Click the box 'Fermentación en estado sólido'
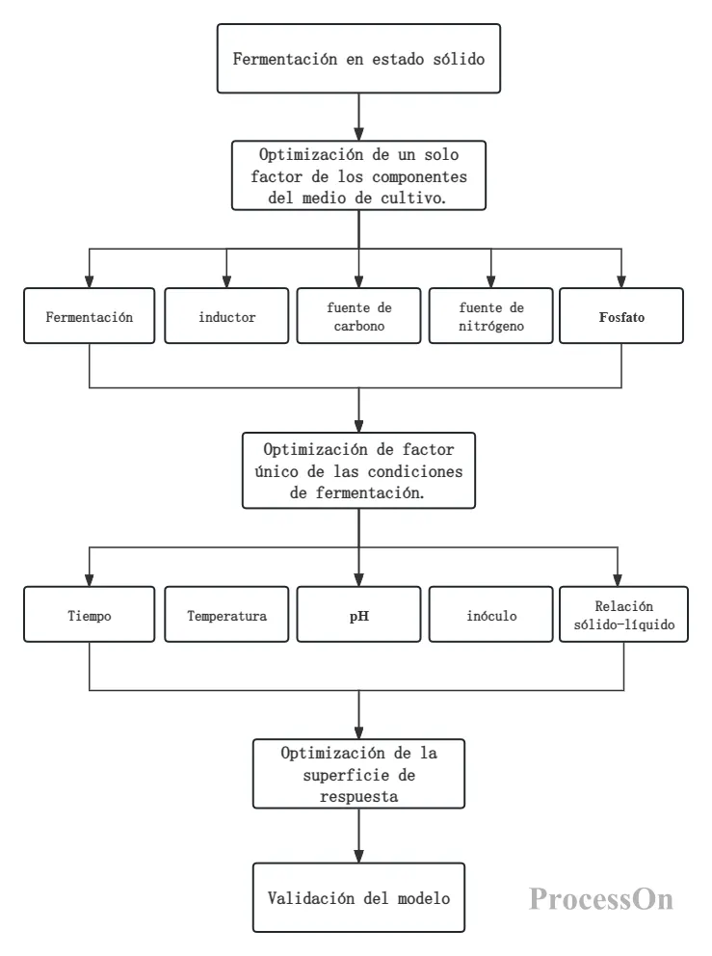358,59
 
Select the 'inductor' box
226,316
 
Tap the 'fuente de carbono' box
359,316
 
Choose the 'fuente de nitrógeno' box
490,316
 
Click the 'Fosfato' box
621,316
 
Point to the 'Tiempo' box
89,615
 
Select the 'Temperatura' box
226,615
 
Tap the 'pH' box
359,615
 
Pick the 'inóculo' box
490,615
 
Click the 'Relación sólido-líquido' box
623,615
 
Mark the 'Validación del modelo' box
358,897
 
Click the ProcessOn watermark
601,899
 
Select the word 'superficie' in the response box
337,776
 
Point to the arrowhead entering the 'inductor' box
226,281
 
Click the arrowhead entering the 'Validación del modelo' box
359,856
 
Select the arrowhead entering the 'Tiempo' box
89,580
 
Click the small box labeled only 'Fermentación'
89,316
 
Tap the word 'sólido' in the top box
459,59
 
